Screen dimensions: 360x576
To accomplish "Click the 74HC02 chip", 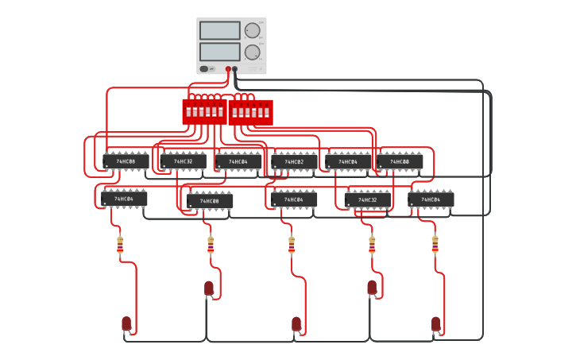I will (294, 162).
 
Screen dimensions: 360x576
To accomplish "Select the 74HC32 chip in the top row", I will (183, 161).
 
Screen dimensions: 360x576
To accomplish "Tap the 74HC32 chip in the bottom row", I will (367, 199).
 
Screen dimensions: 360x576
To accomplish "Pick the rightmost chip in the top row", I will (400, 161).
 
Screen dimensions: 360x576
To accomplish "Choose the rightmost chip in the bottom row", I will (431, 199).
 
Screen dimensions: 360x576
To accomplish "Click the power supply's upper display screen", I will (220, 31).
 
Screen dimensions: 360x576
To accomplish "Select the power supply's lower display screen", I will (220, 52).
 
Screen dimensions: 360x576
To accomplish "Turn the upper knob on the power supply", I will (252, 31).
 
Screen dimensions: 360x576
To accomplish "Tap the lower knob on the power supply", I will (252, 52).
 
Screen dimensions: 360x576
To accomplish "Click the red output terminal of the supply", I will (228, 69).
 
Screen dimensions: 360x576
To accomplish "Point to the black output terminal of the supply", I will (235, 69).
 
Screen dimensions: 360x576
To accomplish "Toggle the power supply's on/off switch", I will (204, 69).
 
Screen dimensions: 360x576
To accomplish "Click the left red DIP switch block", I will (204, 112).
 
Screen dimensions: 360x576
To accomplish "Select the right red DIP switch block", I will (250, 112).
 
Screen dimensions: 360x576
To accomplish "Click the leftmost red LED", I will (126, 323).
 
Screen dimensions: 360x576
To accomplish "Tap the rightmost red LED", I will (436, 323).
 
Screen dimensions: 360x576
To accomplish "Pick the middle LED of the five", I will (296, 323).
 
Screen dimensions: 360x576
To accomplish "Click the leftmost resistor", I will (120, 245).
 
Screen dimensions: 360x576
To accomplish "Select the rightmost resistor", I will (435, 245).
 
